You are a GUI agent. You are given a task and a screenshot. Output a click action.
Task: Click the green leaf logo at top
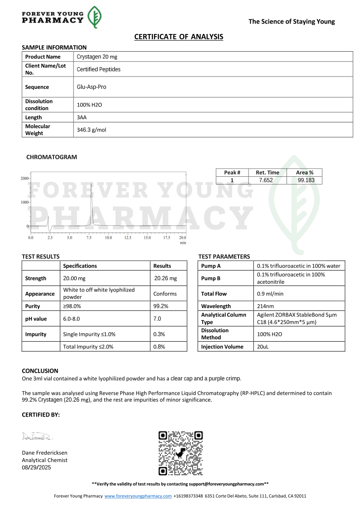coord(94,18)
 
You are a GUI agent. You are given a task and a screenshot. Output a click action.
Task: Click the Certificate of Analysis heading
coord(179,37)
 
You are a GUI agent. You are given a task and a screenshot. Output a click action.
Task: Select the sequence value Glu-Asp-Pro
coord(92,87)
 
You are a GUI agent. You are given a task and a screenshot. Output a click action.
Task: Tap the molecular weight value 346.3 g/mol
coord(92,130)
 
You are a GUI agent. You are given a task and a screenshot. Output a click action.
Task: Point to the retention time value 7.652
coord(266,180)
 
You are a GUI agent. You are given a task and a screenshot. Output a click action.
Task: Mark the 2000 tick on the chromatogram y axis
coord(24,179)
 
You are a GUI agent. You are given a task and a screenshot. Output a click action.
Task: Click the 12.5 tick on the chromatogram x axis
coord(128,238)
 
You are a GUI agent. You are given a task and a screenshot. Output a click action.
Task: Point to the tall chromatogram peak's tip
coord(91,183)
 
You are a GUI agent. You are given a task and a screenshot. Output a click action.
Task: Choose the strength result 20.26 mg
coord(165,278)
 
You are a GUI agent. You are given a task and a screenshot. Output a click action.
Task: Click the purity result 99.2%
coord(161,306)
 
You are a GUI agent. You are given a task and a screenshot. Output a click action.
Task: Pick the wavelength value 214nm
coord(265,306)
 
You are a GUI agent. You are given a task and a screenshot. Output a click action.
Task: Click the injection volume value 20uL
coord(263,347)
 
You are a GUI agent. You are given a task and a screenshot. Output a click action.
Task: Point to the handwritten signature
coord(37,436)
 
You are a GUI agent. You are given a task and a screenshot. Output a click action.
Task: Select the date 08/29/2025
coord(37,467)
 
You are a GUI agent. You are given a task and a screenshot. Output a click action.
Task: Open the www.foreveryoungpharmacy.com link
coord(138,496)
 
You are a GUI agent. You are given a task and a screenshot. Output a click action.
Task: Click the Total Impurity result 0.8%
coord(159,347)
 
